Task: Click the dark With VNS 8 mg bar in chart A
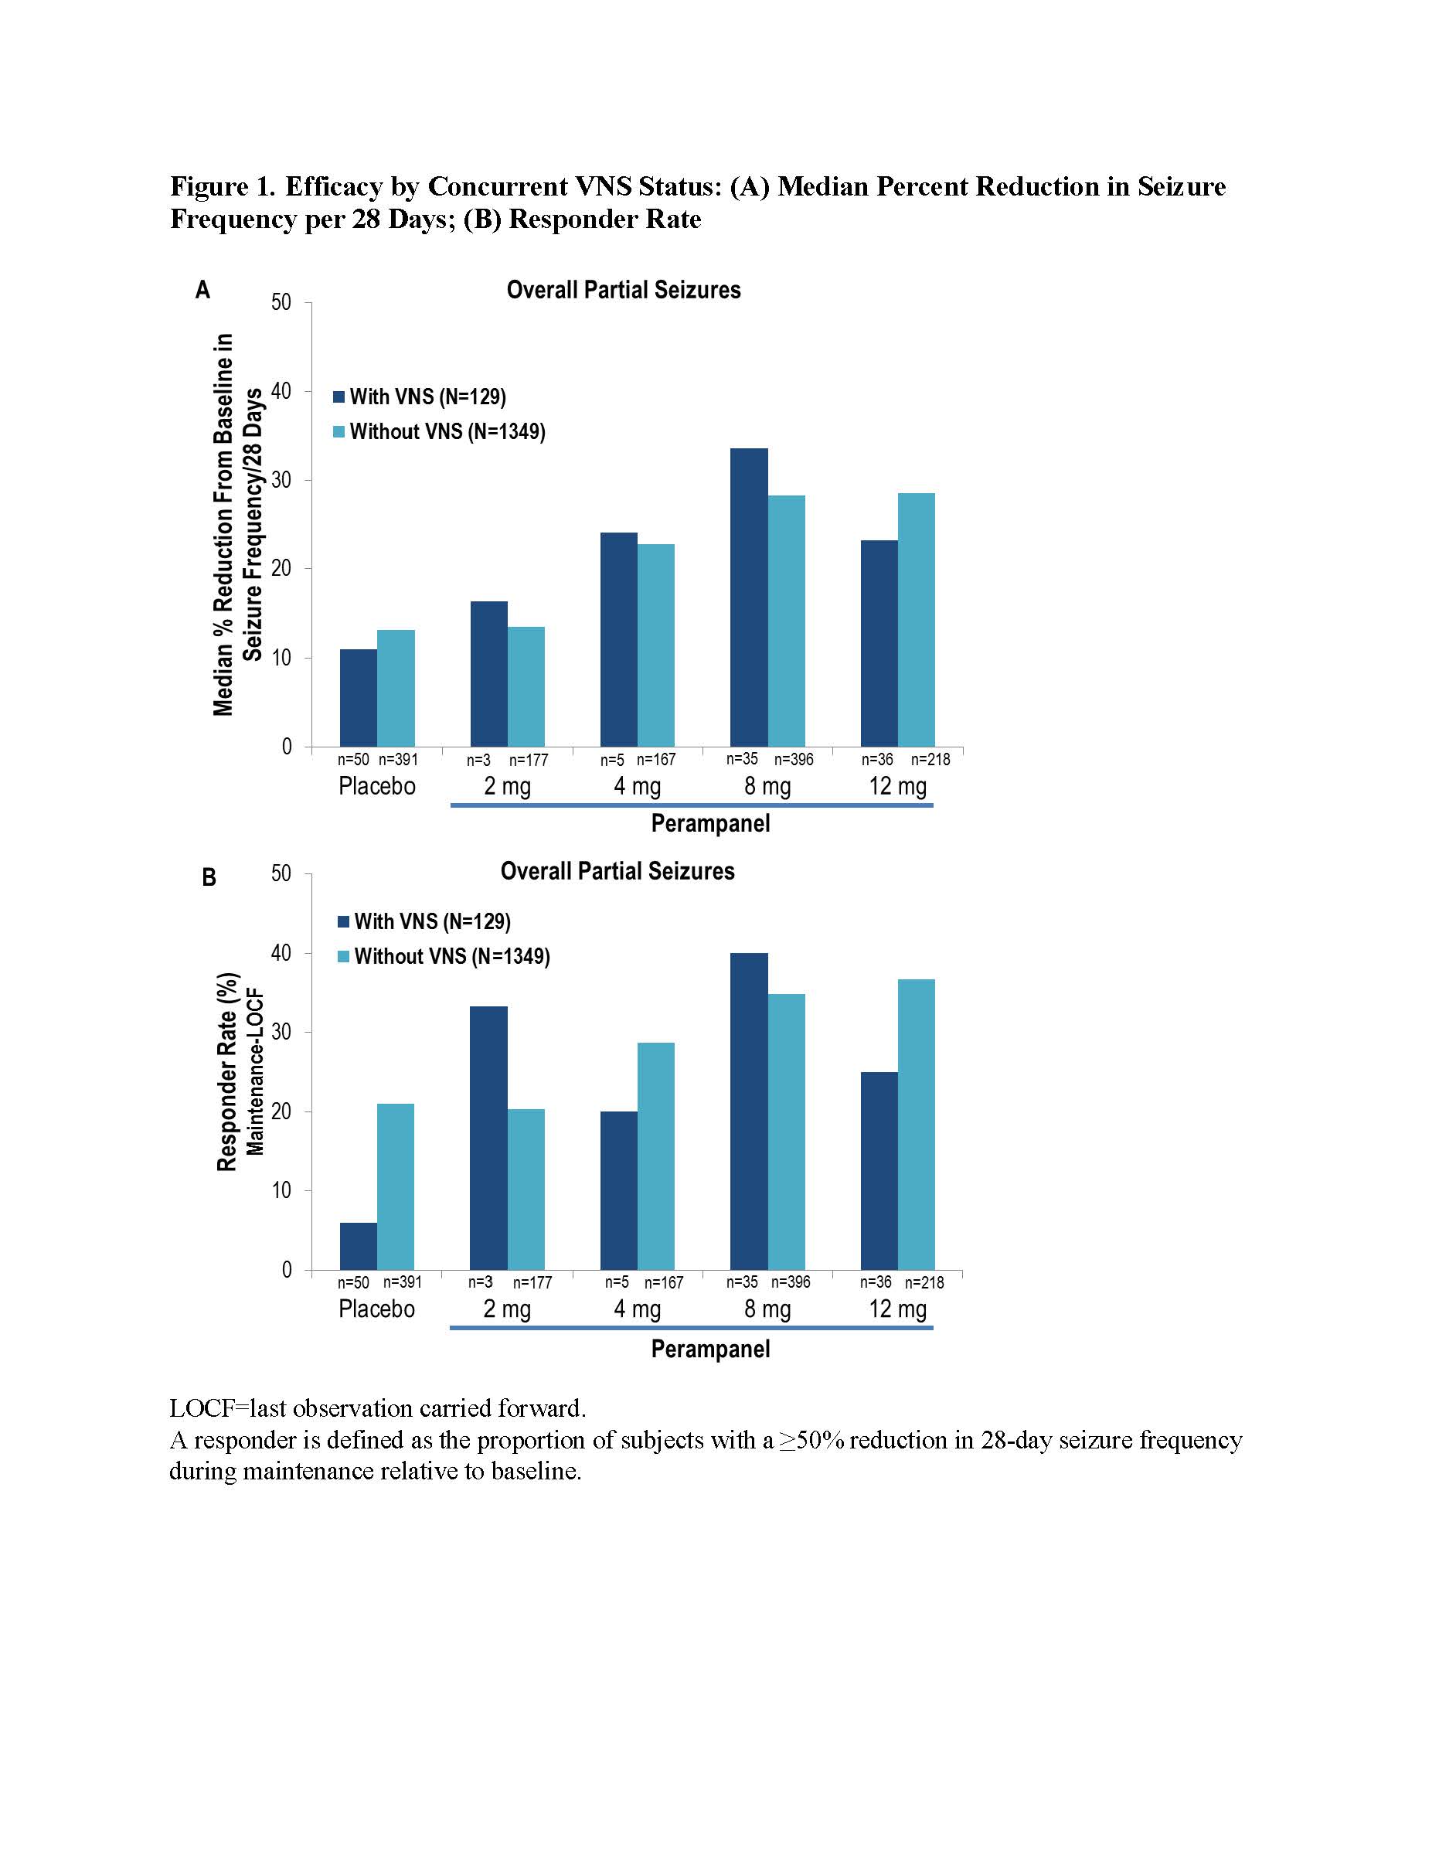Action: pyautogui.click(x=749, y=597)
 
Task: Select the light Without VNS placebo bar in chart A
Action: pyautogui.click(x=396, y=689)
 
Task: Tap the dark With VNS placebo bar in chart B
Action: pyautogui.click(x=358, y=1247)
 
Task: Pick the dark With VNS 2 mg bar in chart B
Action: pyautogui.click(x=488, y=1139)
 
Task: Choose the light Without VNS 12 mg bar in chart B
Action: pyautogui.click(x=916, y=1125)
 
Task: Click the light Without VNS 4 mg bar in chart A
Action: pyautogui.click(x=655, y=645)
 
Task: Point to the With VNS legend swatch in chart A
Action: pyautogui.click(x=339, y=397)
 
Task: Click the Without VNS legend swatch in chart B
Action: pyautogui.click(x=344, y=957)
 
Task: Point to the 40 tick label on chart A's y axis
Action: pyautogui.click(x=281, y=391)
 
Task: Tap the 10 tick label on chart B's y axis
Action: pyautogui.click(x=281, y=1191)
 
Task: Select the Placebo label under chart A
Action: pyautogui.click(x=377, y=786)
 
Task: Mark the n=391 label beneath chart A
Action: pyautogui.click(x=398, y=759)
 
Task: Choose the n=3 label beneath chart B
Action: pyautogui.click(x=480, y=1282)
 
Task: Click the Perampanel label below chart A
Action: pyautogui.click(x=710, y=824)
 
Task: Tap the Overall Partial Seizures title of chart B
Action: pyautogui.click(x=617, y=871)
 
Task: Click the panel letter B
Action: pyautogui.click(x=209, y=877)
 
